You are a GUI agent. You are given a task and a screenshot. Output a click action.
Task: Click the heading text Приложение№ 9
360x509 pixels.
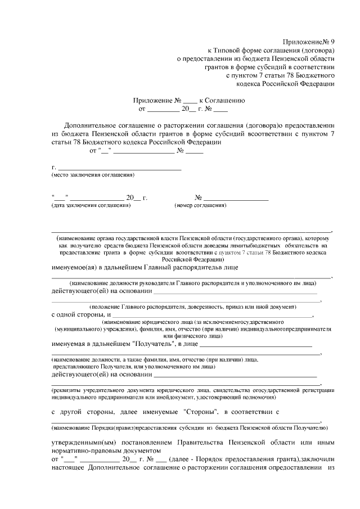point(308,42)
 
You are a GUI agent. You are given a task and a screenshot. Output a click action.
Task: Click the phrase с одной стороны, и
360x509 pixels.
point(82,316)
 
